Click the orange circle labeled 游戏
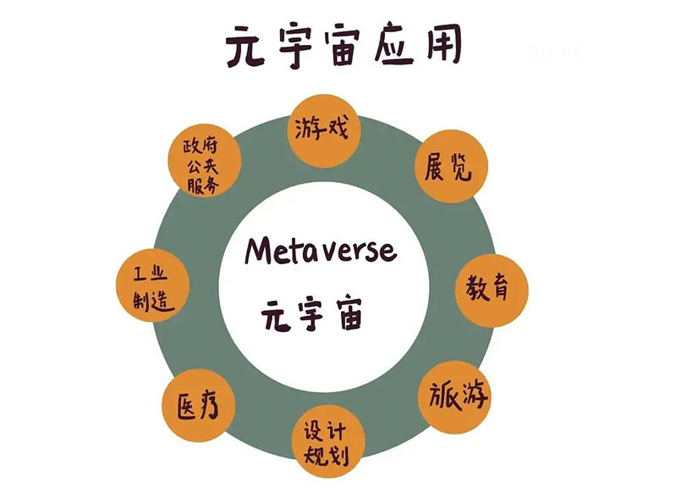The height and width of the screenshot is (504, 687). click(324, 130)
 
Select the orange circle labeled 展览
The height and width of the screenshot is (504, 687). click(451, 166)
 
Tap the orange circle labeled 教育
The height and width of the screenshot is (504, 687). click(492, 290)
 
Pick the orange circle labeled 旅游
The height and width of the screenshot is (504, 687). click(454, 397)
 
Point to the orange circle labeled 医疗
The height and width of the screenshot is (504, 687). click(199, 404)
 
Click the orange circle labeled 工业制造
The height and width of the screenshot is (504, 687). click(152, 285)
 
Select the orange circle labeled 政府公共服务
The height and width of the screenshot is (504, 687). click(204, 160)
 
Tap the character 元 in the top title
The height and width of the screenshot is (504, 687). click(246, 47)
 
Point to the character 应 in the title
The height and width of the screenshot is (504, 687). click(393, 46)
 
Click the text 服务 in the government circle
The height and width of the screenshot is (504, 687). click(203, 185)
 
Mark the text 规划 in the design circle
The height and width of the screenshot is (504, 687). click(327, 456)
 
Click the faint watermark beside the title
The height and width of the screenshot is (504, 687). click(555, 53)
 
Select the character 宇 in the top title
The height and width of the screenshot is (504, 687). click(295, 47)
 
